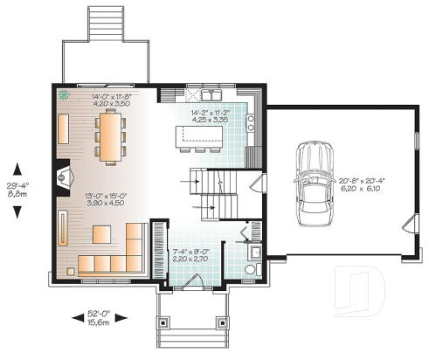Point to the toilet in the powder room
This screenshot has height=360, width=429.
[x=251, y=267]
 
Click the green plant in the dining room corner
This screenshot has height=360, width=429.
[x=64, y=95]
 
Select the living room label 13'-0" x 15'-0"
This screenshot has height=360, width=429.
[x=105, y=199]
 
